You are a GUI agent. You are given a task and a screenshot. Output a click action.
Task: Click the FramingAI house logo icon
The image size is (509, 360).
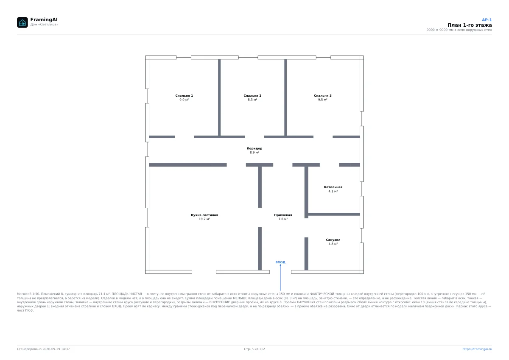pyautogui.click(x=22, y=22)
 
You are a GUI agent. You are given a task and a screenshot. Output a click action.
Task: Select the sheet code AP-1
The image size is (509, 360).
pyautogui.click(x=487, y=20)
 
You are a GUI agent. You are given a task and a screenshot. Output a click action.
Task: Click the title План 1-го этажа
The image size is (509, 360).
pyautogui.click(x=470, y=25)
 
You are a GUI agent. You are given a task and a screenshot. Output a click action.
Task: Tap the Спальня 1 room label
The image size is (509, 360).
pyautogui.click(x=184, y=96)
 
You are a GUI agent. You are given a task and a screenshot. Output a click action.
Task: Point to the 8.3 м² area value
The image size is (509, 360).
pyautogui.click(x=252, y=100)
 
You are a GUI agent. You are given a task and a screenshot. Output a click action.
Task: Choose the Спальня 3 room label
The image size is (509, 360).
pyautogui.click(x=323, y=96)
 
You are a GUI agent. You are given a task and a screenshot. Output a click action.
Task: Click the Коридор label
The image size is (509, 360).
pyautogui.click(x=255, y=148)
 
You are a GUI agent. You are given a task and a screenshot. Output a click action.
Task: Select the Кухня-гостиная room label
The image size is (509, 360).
pyautogui.click(x=204, y=215)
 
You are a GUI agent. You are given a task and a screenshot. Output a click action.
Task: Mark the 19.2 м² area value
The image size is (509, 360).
pyautogui.click(x=204, y=219)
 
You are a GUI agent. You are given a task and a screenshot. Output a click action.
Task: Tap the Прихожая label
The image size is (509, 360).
pyautogui.click(x=283, y=215)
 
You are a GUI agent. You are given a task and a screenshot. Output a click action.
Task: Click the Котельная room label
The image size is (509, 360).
pyautogui.click(x=333, y=187)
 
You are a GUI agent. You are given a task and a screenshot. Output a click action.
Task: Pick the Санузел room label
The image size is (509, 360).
pyautogui.click(x=333, y=240)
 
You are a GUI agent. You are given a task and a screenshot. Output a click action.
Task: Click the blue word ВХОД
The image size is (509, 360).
pyautogui.click(x=280, y=262)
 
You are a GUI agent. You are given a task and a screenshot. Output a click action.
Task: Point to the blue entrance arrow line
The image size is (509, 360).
pyautogui.click(x=280, y=277)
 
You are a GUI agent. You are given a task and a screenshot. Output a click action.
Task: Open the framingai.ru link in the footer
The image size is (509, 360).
pyautogui.click(x=477, y=349)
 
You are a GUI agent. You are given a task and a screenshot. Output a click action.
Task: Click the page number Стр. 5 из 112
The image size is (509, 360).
pyautogui.click(x=254, y=349)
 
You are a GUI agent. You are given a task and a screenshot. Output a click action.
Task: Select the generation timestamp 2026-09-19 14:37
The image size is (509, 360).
pyautogui.click(x=56, y=349)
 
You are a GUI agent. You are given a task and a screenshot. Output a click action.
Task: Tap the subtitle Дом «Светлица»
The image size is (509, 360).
pyautogui.click(x=44, y=24)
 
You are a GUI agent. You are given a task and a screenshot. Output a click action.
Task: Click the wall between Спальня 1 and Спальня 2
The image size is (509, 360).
pyautogui.click(x=219, y=98)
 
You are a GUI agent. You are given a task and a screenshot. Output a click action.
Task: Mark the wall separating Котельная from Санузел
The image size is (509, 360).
pyautogui.click(x=334, y=215)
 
